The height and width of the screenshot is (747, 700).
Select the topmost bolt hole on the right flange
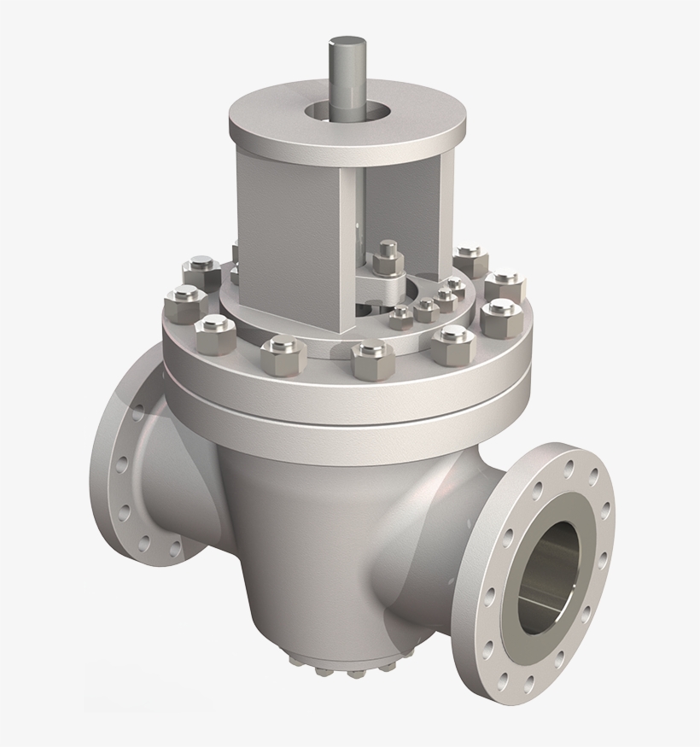click(568, 468)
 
